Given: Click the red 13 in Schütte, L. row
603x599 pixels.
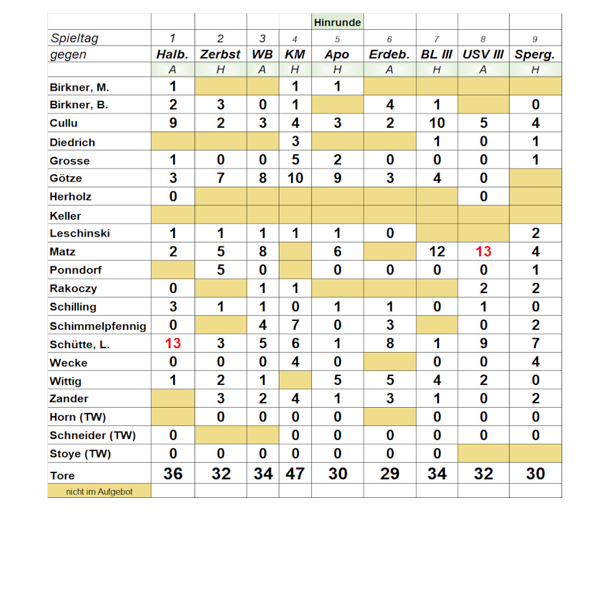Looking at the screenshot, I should point(173,344).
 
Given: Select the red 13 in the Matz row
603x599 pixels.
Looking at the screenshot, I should point(483,252).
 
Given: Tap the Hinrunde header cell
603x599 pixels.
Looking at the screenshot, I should point(337,23).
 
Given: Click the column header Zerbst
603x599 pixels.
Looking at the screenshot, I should point(220,54).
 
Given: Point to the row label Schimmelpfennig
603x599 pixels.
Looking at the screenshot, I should point(98,326).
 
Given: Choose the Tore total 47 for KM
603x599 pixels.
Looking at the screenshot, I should point(295,474).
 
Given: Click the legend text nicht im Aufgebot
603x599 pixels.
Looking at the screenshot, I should point(99,492).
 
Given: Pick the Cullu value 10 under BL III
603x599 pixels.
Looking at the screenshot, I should point(436,123).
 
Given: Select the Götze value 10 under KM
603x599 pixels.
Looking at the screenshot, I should point(295,178).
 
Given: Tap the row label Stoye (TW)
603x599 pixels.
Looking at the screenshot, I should point(80,454).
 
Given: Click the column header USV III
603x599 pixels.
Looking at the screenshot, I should point(483,54).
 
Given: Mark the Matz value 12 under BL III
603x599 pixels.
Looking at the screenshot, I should point(436,252).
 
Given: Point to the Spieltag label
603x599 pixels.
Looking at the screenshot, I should point(75,38).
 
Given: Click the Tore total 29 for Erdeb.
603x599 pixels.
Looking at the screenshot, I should point(390,474).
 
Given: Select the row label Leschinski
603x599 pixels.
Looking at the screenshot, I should point(80,233).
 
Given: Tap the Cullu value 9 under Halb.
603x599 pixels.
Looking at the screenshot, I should point(173,123).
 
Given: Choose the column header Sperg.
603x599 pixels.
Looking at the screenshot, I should point(535,54).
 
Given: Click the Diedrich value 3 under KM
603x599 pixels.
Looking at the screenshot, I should point(295,141).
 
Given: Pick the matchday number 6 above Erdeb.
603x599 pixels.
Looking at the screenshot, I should point(390,39).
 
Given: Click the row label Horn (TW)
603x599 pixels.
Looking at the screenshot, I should point(78,417).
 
